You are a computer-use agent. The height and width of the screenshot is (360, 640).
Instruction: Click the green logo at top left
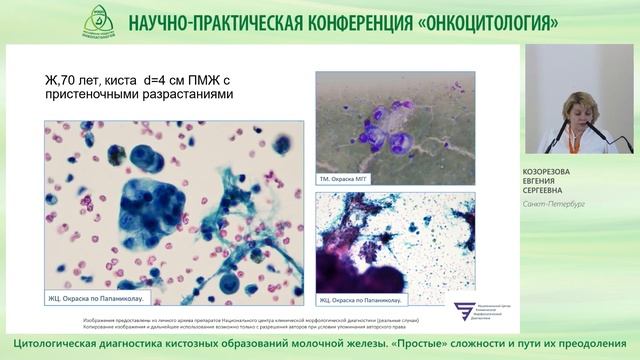(x=98, y=20)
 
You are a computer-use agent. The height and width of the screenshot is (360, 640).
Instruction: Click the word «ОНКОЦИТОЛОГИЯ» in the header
(x=483, y=22)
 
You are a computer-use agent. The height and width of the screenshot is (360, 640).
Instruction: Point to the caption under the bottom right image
(x=360, y=296)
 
